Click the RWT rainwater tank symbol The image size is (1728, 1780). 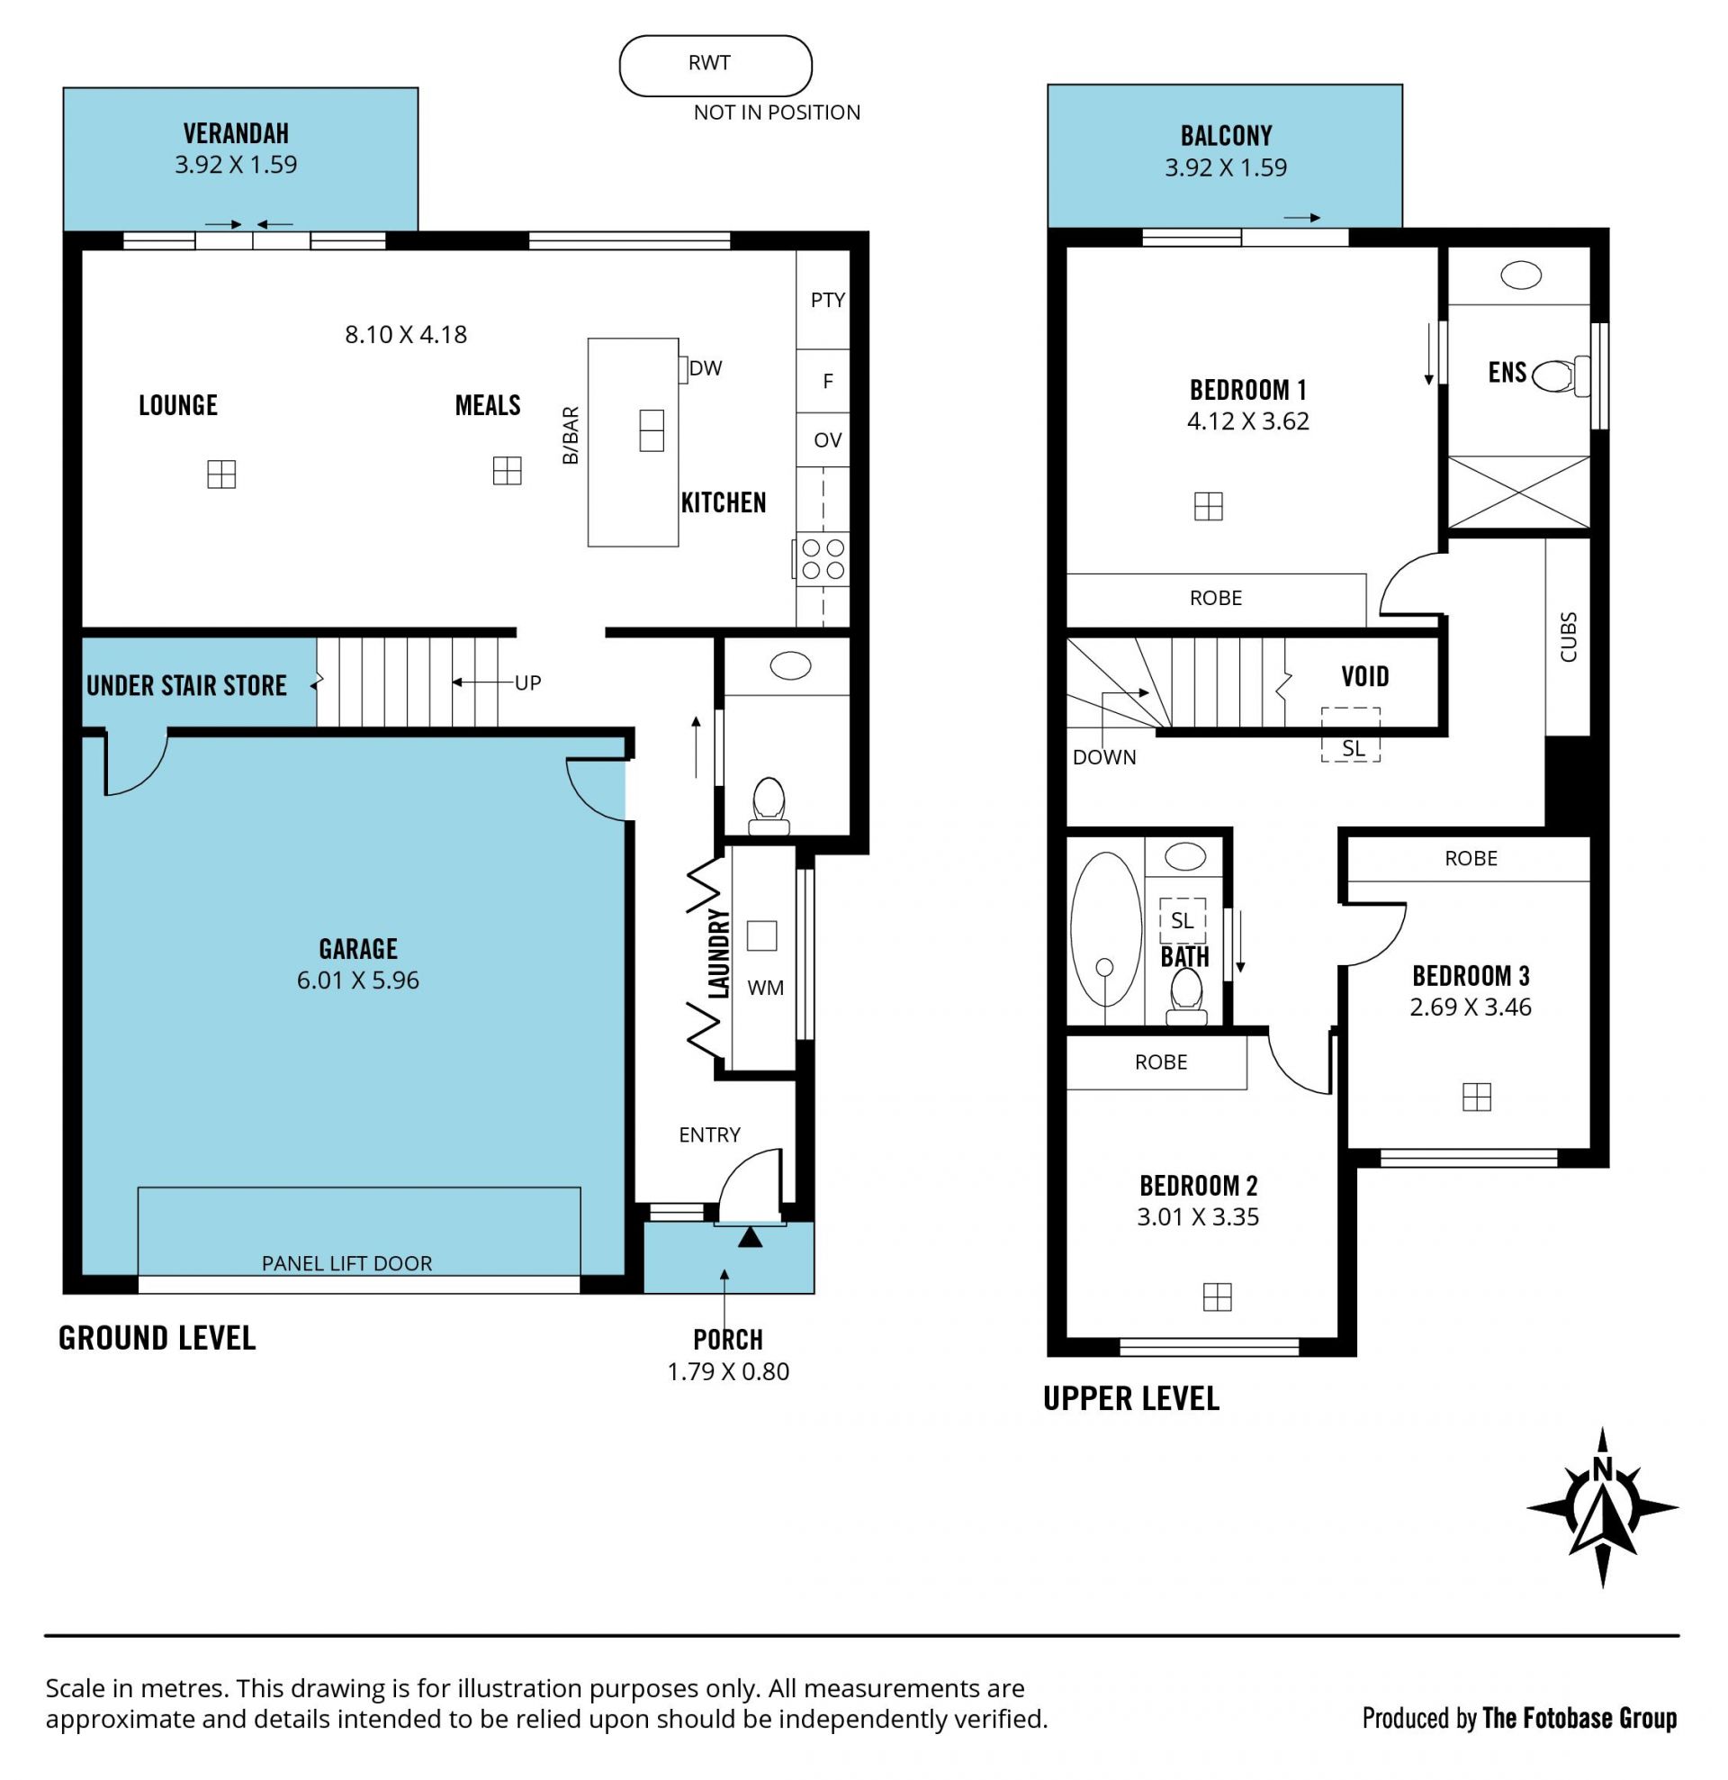(715, 66)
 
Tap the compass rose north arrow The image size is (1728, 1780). (1602, 1507)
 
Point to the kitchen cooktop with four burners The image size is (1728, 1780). (823, 558)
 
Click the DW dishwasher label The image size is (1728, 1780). (706, 368)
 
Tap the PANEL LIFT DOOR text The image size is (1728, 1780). (346, 1263)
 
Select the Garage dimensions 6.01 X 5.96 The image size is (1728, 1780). (358, 980)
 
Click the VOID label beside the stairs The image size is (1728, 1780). (1364, 675)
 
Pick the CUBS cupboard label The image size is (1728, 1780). (1568, 637)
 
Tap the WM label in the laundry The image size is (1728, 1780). (766, 988)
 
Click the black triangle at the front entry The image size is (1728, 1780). (750, 1237)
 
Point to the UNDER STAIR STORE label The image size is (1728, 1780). (186, 685)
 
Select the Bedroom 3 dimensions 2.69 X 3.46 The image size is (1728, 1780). (1470, 1007)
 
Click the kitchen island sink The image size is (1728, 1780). (651, 430)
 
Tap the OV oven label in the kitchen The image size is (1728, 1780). (827, 440)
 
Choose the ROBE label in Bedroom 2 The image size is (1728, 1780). (1160, 1062)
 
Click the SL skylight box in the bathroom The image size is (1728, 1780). (1183, 921)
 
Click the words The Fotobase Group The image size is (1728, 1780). (1579, 1718)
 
